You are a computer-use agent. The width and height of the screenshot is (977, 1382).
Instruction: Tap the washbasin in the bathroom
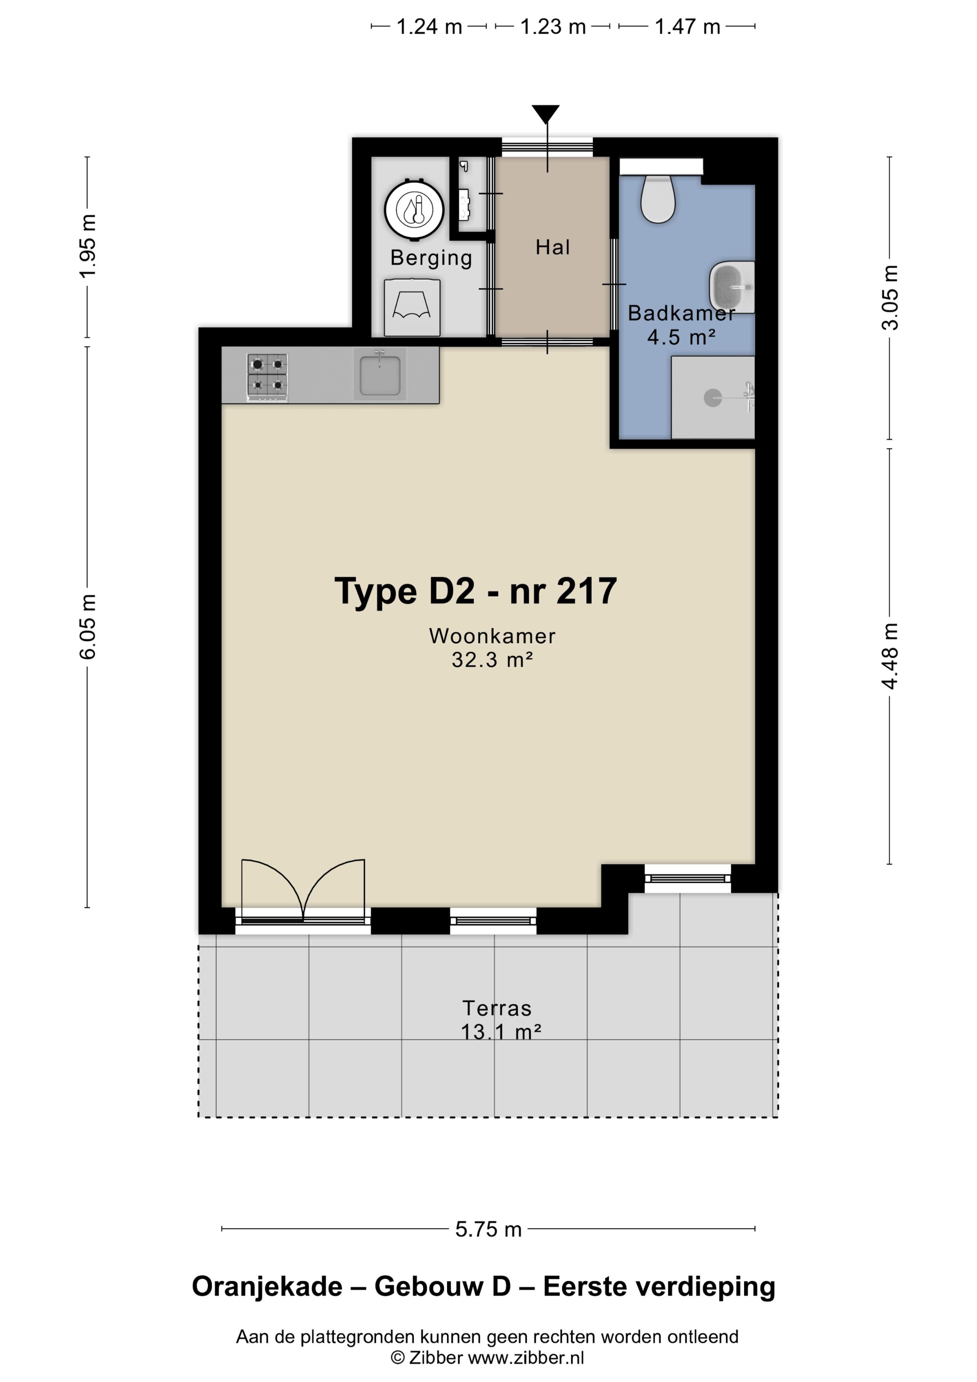click(732, 287)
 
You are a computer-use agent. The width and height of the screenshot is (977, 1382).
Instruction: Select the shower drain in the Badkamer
click(713, 398)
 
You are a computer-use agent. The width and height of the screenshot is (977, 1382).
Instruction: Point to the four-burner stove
click(267, 377)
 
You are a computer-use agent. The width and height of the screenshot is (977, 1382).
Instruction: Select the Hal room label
click(553, 247)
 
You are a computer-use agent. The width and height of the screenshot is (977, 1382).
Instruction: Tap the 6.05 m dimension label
click(88, 627)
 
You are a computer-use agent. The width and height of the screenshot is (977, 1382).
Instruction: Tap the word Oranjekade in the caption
click(267, 1287)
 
